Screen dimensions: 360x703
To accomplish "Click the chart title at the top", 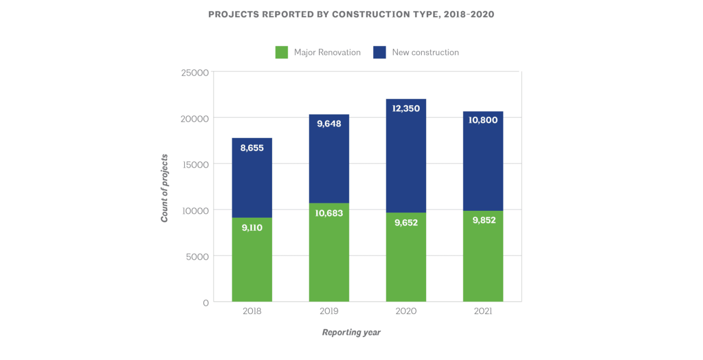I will (351, 15).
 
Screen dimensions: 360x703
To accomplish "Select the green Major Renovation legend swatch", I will (281, 52).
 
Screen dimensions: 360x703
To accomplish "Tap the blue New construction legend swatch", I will (380, 52).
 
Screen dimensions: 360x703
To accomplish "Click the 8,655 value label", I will (252, 148).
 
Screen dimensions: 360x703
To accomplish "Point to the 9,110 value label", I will (252, 228).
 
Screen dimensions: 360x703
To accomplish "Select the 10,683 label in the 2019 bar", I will (329, 213).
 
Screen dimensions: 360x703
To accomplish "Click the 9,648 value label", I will (329, 124).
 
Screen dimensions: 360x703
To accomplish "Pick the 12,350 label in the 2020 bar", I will (406, 109).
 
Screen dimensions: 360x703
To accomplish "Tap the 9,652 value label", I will (406, 222).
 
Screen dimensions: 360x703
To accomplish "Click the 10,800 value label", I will (483, 121).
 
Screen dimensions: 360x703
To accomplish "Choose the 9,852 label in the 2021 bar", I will (483, 220).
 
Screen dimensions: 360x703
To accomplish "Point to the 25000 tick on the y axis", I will (195, 72).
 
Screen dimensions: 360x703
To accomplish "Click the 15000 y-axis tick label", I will (195, 164).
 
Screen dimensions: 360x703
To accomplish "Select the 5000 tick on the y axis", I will (197, 256).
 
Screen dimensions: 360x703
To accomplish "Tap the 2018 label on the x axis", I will (252, 312).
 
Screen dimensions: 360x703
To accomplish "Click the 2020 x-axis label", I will (406, 312).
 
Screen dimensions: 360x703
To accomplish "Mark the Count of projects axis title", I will (164, 188).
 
